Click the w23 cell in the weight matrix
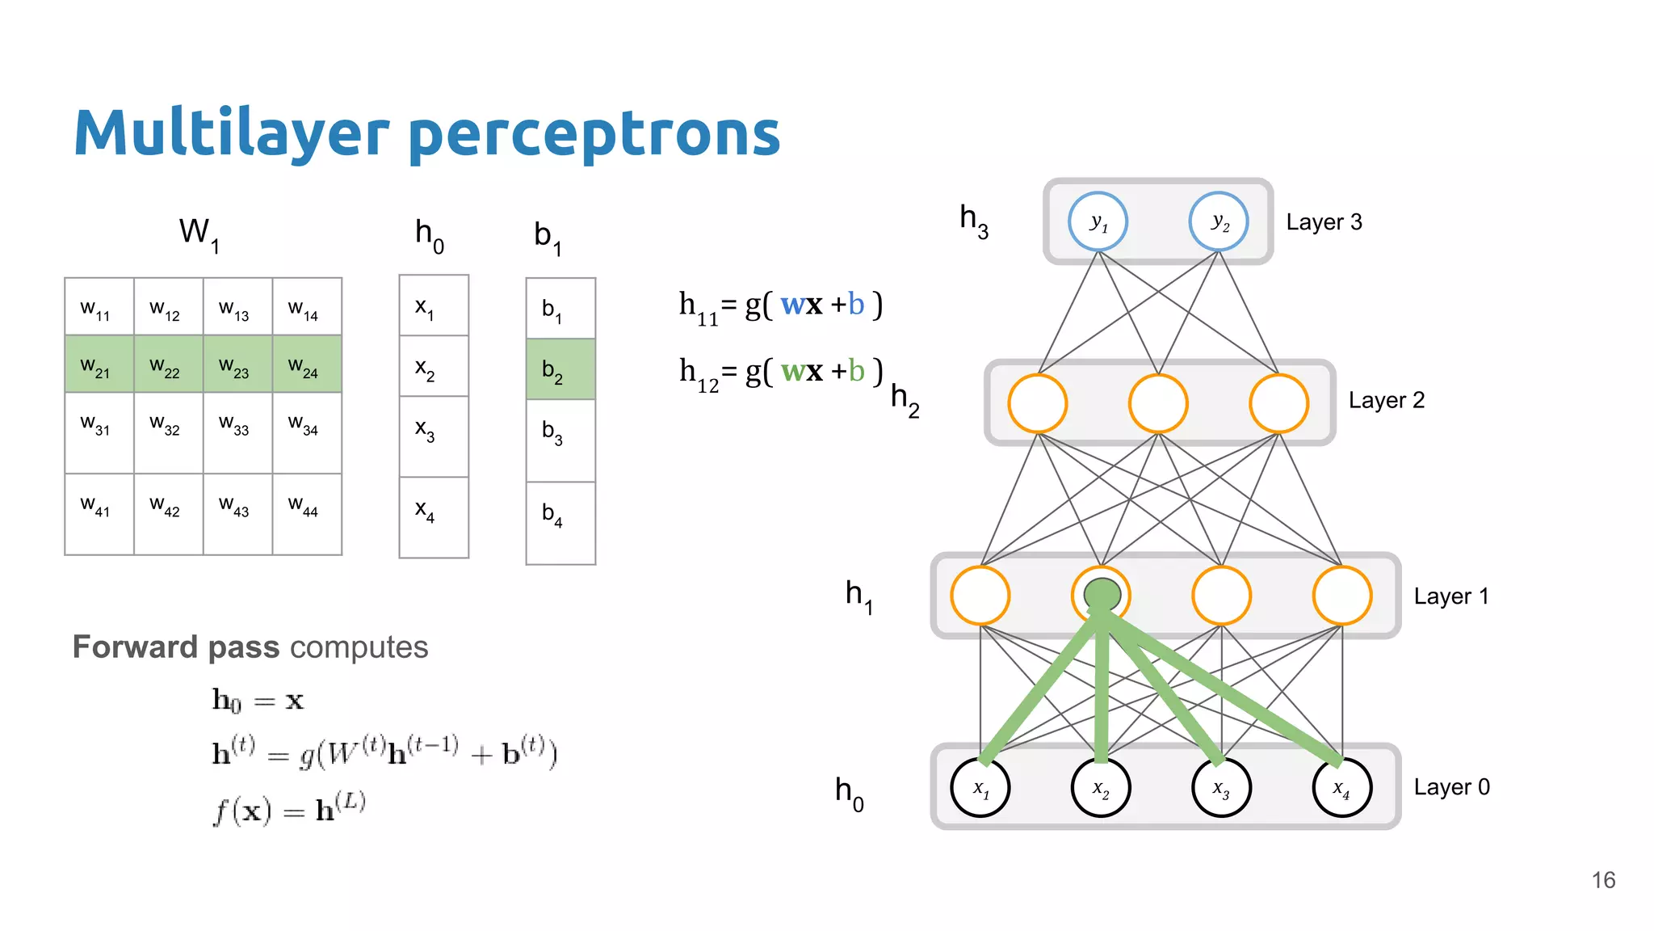(237, 364)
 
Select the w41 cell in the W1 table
(99, 513)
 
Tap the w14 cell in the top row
(307, 307)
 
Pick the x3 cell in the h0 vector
(434, 436)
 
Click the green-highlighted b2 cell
(560, 369)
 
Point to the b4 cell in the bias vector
(560, 522)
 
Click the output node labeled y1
(1098, 221)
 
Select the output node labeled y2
(1219, 221)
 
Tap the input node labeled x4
(1341, 787)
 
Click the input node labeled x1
(980, 787)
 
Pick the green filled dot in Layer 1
(1102, 595)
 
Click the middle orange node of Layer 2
(1158, 403)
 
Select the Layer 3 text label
(1324, 222)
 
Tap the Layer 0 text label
(1451, 787)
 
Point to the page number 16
(1603, 880)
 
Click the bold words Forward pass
(176, 647)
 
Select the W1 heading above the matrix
(199, 234)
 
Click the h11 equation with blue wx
(780, 306)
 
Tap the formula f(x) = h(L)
(289, 809)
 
